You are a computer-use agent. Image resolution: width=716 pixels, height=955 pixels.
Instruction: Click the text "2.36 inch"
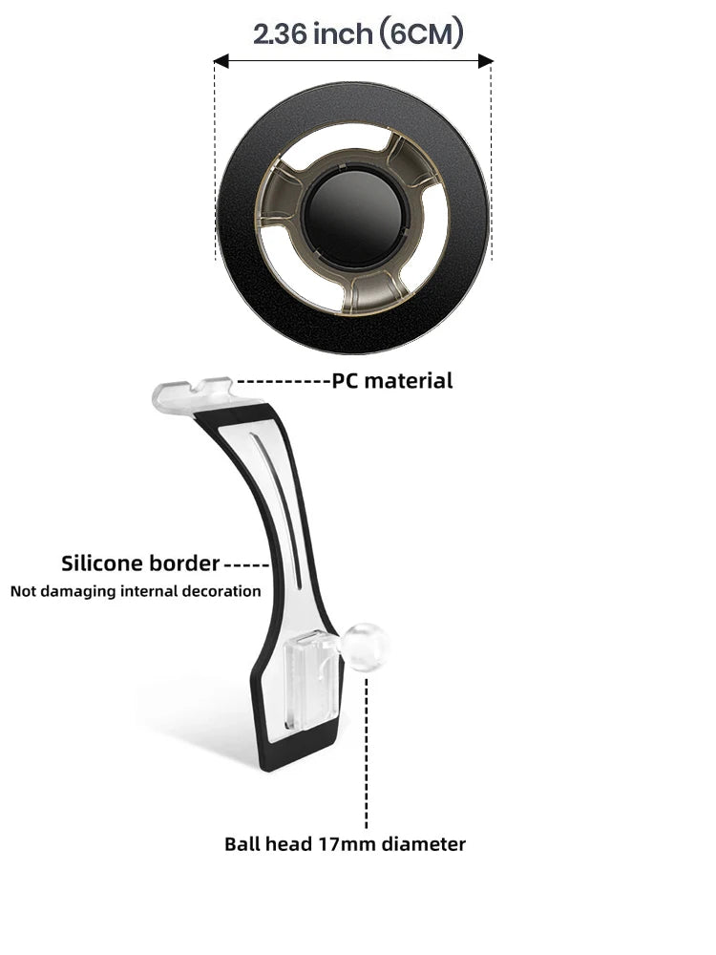tap(312, 34)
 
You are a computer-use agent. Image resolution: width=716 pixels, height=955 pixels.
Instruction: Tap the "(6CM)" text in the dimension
tap(421, 34)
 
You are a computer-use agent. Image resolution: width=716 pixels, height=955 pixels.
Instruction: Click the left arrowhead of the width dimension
tap(221, 61)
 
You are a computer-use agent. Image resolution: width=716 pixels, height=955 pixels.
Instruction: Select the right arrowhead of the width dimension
tap(485, 61)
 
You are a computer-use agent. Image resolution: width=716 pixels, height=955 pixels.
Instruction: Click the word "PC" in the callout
tap(346, 381)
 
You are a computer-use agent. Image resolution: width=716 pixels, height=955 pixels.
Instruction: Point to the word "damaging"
tap(78, 591)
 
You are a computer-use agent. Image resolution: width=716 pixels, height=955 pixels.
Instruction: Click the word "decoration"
tap(221, 591)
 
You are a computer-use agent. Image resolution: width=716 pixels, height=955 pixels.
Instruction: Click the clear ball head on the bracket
tap(366, 647)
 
